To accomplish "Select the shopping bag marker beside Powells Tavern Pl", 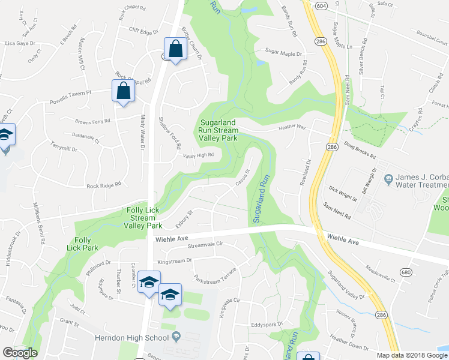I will coord(122,91).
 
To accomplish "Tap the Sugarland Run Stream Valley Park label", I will coord(218,130).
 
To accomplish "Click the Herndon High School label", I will coord(131,338).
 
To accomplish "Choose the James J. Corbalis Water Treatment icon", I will coord(389,178).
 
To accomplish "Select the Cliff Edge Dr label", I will coord(143,32).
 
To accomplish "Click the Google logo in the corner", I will coord(20,353).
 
